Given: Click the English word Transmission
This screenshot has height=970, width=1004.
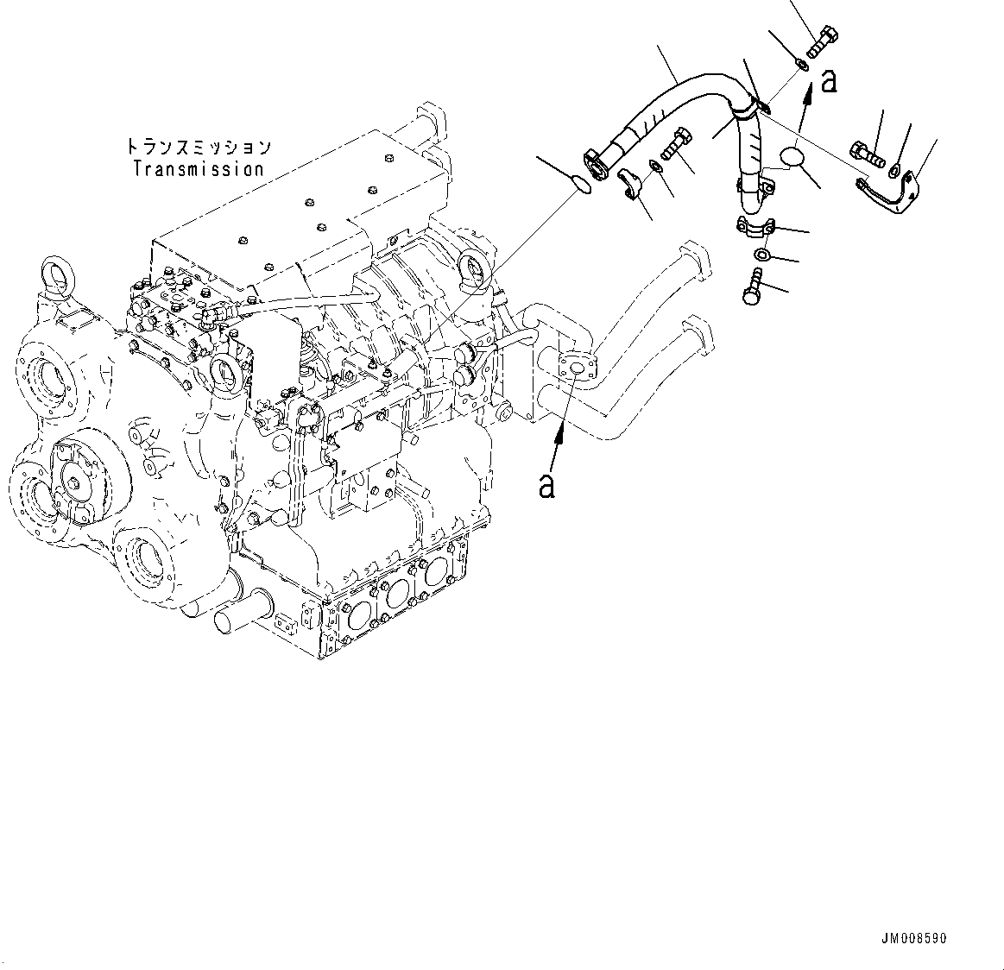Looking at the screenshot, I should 198,169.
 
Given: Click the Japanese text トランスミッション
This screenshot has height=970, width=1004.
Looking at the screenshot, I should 198,148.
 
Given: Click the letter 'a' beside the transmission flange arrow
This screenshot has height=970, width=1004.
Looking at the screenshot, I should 546,486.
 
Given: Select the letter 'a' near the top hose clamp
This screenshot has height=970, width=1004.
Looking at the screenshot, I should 829,80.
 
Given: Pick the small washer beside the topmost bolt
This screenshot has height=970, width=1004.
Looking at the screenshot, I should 801,64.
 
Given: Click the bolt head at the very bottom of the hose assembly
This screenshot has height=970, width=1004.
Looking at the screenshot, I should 752,289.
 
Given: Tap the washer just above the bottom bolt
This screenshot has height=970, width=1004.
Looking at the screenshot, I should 763,255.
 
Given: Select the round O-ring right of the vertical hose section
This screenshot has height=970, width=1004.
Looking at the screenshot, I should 791,158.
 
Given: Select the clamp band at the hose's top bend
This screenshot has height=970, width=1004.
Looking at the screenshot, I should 748,109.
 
